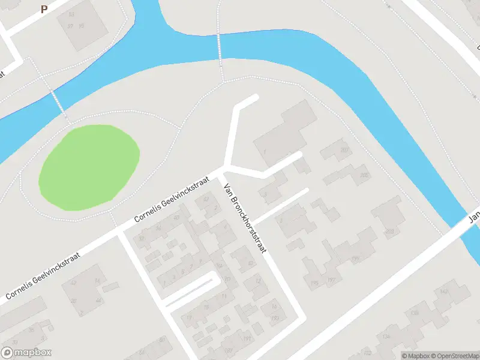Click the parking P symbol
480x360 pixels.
point(44,10)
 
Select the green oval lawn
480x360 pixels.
point(89,166)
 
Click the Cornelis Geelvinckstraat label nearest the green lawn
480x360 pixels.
point(171,199)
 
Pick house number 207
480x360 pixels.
point(344,150)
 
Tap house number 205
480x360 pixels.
point(364,176)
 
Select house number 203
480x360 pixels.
point(390,231)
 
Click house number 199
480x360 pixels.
point(355,259)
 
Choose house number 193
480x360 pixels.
point(275,318)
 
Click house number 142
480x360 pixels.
point(445,292)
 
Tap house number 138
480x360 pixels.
point(414,313)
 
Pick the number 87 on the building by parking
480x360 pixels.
point(70,26)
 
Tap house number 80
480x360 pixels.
point(162,340)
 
